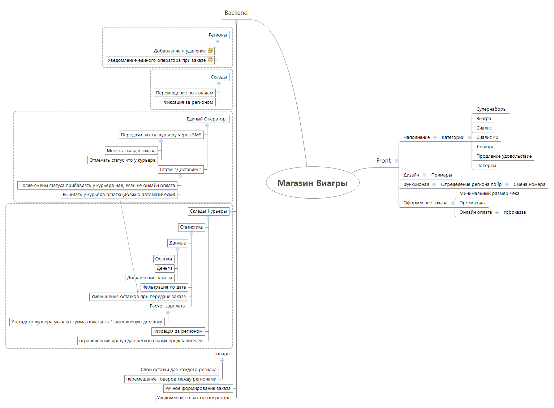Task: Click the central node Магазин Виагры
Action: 312,183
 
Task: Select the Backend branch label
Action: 236,13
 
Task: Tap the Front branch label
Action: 383,161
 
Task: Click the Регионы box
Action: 218,35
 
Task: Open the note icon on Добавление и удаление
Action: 211,51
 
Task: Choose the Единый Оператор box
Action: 206,119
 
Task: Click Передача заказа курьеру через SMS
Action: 161,135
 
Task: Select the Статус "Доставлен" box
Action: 180,170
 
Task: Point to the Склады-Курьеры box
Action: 208,211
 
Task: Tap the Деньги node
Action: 164,268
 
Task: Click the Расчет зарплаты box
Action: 168,306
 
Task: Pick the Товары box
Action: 222,354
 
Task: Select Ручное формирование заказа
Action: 198,388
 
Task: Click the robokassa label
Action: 515,212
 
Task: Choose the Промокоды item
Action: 472,203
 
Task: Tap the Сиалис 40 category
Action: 487,137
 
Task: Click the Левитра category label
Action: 485,147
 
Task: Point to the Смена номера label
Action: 529,184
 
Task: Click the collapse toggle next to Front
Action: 396,161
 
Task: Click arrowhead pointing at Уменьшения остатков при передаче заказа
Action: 138,292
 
